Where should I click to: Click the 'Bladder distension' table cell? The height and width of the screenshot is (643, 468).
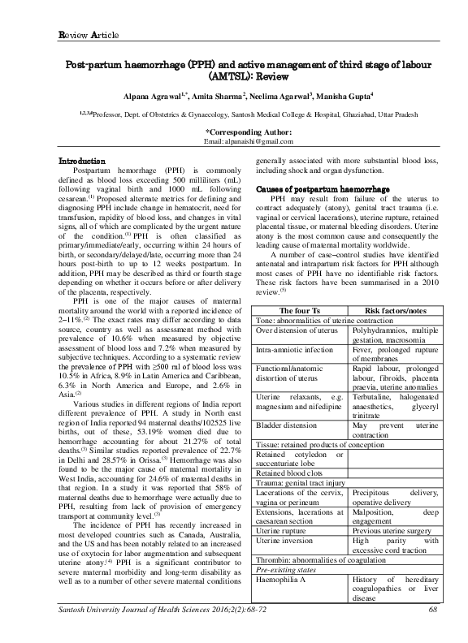tap(287, 425)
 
